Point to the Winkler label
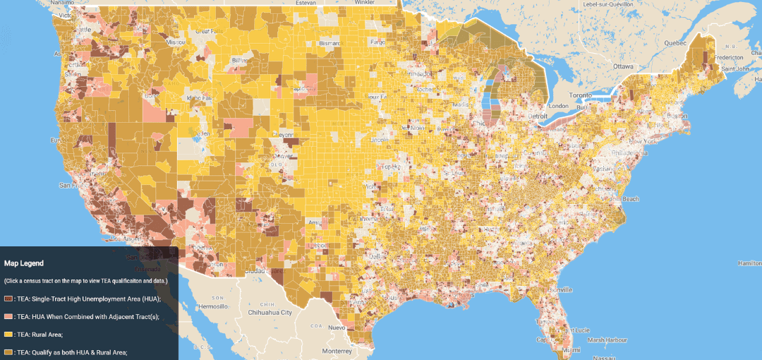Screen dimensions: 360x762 tap(364, 2)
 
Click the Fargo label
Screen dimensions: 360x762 tap(378, 42)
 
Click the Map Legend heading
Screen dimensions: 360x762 tap(23, 263)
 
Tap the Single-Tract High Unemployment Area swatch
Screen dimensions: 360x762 tap(8, 299)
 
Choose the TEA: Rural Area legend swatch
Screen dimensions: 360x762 tap(8, 334)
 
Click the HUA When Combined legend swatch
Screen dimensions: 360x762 tap(8, 316)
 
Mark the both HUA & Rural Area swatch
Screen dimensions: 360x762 tap(8, 352)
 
